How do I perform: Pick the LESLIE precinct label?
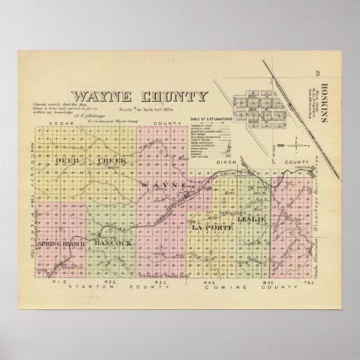tap(251, 220)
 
